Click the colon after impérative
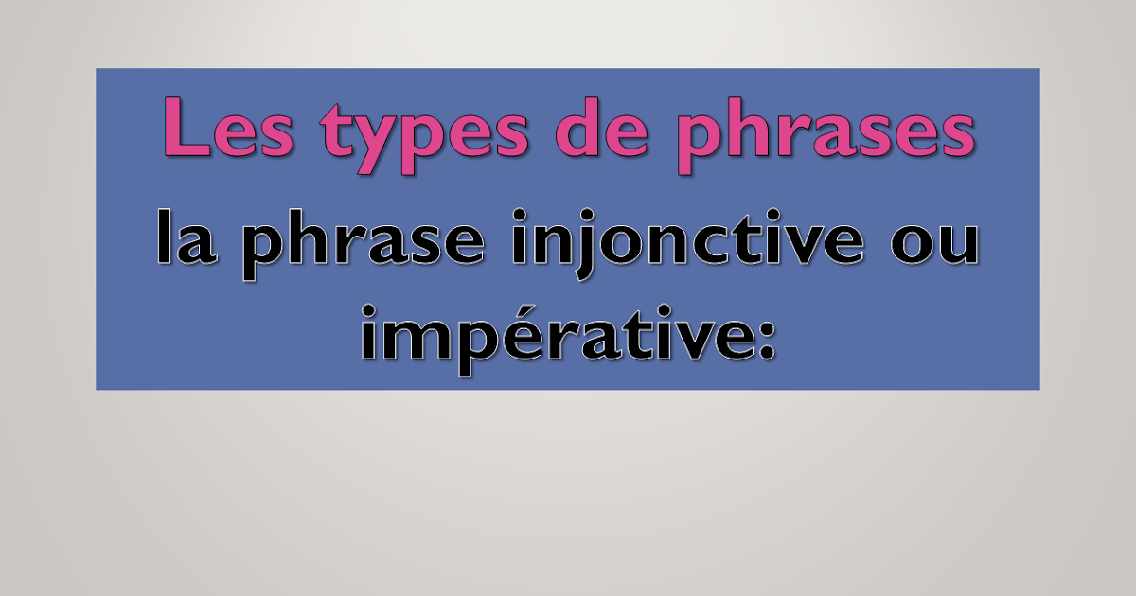[x=766, y=338]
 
